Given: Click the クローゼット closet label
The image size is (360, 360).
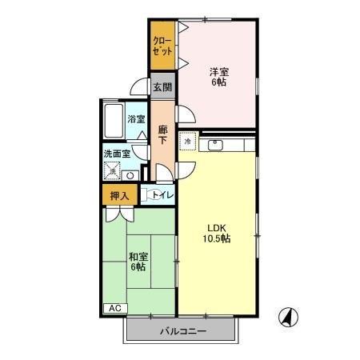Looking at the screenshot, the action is pyautogui.click(x=162, y=46).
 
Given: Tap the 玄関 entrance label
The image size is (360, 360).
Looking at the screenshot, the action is pyautogui.click(x=162, y=87).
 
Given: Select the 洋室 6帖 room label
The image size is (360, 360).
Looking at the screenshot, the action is pyautogui.click(x=219, y=77).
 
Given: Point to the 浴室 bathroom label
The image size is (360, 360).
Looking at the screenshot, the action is pyautogui.click(x=136, y=119).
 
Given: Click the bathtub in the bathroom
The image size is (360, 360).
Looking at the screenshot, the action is pyautogui.click(x=114, y=120).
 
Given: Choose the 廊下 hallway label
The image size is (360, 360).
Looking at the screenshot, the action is pyautogui.click(x=162, y=135).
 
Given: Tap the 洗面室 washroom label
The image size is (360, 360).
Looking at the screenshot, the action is pyautogui.click(x=117, y=154).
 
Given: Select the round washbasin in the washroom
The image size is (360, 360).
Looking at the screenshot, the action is pyautogui.click(x=130, y=176).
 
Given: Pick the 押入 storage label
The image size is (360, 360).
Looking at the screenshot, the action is pyautogui.click(x=120, y=196).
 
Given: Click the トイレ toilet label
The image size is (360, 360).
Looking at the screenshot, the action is pyautogui.click(x=162, y=195).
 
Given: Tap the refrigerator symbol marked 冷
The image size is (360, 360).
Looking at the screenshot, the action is pyautogui.click(x=188, y=141).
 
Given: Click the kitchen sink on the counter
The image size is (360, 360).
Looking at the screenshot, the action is pyautogui.click(x=215, y=146).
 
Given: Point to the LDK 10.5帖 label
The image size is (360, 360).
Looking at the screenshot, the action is pyautogui.click(x=217, y=234).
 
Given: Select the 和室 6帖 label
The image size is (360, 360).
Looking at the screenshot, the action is pyautogui.click(x=138, y=262).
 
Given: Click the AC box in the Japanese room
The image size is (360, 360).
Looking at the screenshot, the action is pyautogui.click(x=115, y=308).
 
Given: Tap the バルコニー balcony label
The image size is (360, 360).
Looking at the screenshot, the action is pyautogui.click(x=183, y=331).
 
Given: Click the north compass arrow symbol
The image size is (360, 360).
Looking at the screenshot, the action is pyautogui.click(x=288, y=318).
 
